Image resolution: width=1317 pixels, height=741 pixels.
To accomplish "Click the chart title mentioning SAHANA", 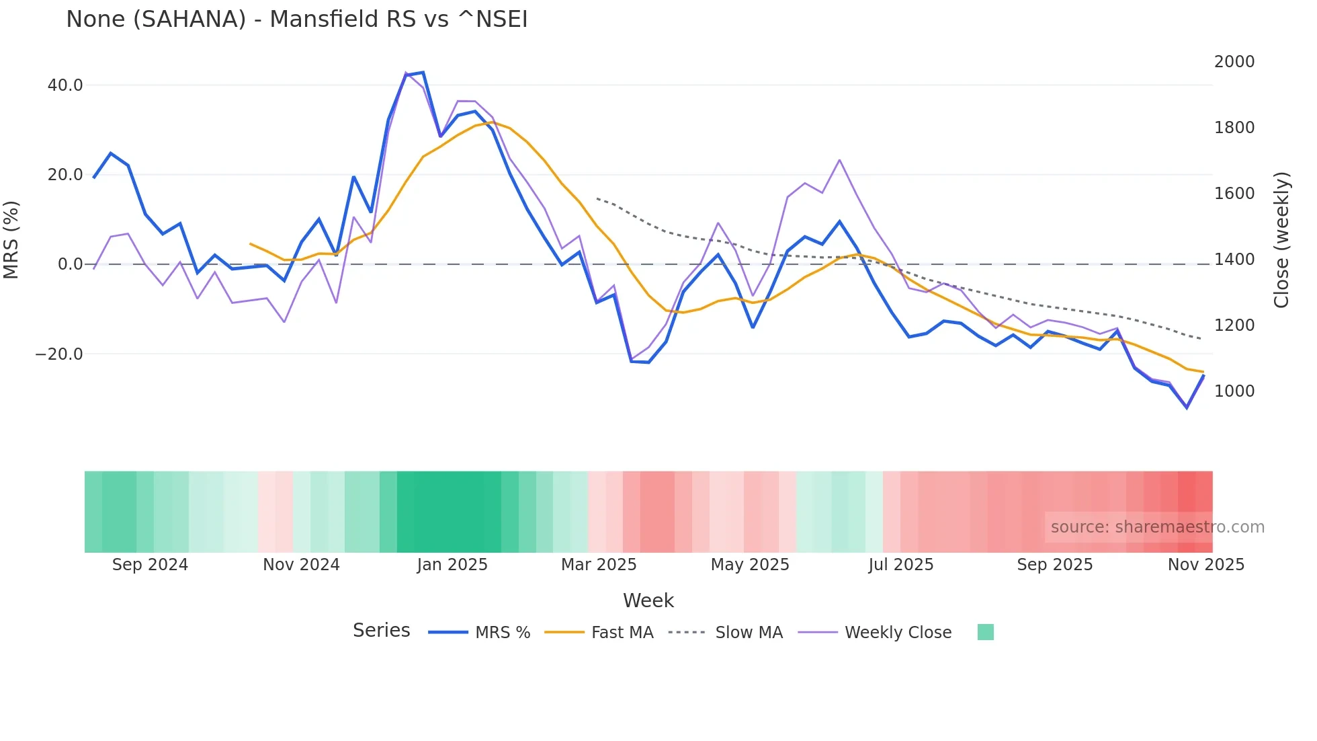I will (x=296, y=19).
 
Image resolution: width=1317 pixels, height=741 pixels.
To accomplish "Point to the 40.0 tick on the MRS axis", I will (x=65, y=85).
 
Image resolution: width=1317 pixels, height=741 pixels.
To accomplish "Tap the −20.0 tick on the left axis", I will (x=59, y=354).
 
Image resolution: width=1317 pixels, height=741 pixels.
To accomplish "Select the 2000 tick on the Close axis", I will (x=1234, y=62).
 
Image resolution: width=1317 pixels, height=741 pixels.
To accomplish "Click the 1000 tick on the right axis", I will (x=1234, y=391).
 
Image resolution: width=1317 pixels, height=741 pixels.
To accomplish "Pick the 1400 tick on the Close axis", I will (x=1234, y=260).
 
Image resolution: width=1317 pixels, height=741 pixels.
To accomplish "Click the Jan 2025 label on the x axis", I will (x=452, y=565).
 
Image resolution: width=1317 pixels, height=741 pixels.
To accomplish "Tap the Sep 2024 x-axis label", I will (x=150, y=565).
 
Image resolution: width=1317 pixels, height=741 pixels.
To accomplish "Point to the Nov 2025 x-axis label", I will (x=1205, y=565).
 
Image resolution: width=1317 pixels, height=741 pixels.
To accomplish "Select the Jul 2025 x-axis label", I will (x=900, y=565).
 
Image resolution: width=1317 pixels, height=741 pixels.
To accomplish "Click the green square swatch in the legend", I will (x=985, y=632).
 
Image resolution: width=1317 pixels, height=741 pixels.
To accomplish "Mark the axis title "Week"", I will (x=648, y=600).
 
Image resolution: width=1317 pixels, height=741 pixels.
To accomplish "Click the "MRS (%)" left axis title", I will (x=11, y=240).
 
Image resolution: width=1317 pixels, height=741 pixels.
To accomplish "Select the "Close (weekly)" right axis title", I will (x=1282, y=240).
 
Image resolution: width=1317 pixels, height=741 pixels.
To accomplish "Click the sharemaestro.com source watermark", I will (x=1157, y=527).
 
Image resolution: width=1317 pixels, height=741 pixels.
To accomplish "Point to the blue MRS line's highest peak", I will (x=423, y=72).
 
